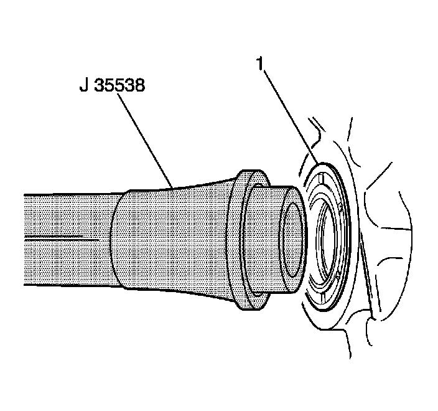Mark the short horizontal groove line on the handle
(x=62, y=239)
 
